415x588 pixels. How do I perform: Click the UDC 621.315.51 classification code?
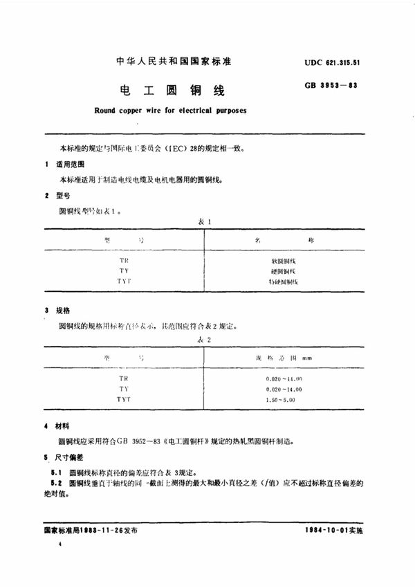coord(335,62)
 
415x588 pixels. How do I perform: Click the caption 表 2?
coord(205,340)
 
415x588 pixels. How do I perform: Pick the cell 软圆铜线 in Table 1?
coord(280,261)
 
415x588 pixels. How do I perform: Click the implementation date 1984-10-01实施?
coord(333,529)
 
